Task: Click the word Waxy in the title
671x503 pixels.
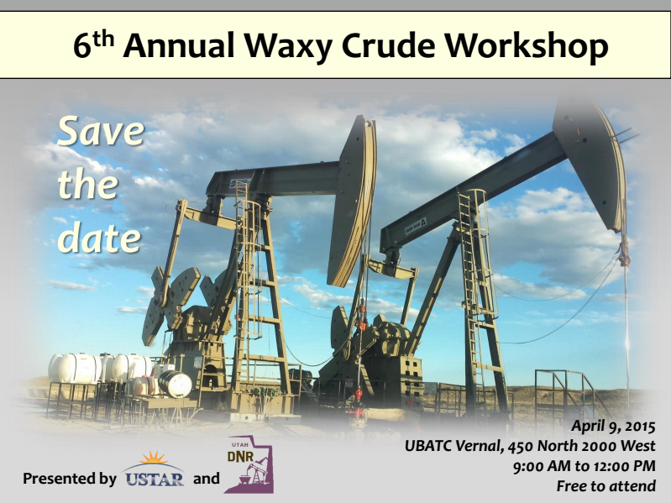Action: [289, 46]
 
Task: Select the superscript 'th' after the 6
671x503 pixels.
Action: [103, 39]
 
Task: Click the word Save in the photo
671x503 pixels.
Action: [101, 131]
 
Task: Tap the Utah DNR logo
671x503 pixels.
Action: [249, 464]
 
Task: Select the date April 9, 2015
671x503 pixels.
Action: [613, 426]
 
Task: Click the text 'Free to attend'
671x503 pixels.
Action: [606, 486]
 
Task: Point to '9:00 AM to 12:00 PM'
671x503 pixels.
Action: [585, 466]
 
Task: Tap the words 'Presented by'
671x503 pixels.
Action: [70, 479]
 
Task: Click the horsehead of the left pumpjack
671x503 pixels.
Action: [353, 200]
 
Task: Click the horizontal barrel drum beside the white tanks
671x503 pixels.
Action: [175, 384]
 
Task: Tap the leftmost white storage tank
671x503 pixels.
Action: [74, 369]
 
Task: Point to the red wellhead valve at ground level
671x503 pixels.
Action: [359, 394]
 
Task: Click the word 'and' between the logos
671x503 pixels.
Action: [206, 478]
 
